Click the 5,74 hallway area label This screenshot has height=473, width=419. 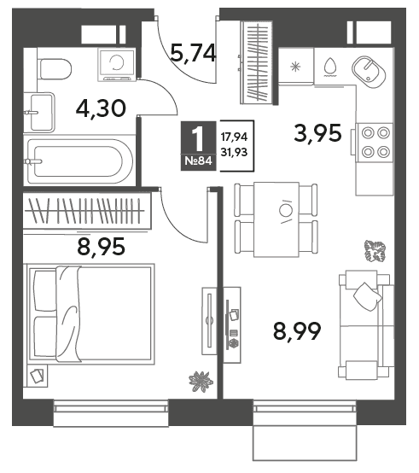[193, 53]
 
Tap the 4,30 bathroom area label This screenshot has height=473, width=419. [101, 108]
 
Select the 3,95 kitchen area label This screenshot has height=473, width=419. [318, 133]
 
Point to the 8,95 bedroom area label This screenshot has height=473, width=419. [101, 246]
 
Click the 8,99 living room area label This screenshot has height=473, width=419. [297, 331]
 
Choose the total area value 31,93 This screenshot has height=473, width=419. [234, 152]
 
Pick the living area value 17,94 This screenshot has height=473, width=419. [234, 137]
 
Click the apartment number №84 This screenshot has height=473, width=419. [198, 161]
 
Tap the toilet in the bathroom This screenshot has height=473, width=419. [55, 69]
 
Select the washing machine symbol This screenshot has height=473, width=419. [116, 65]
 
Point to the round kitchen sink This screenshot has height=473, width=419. [369, 72]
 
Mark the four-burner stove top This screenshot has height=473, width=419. [375, 143]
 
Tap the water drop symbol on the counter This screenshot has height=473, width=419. [330, 67]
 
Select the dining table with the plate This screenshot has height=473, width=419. [276, 219]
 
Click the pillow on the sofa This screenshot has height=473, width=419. [368, 296]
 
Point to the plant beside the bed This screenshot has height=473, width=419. [201, 382]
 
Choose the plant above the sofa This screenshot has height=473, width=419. [375, 250]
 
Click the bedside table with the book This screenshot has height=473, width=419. [37, 376]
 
